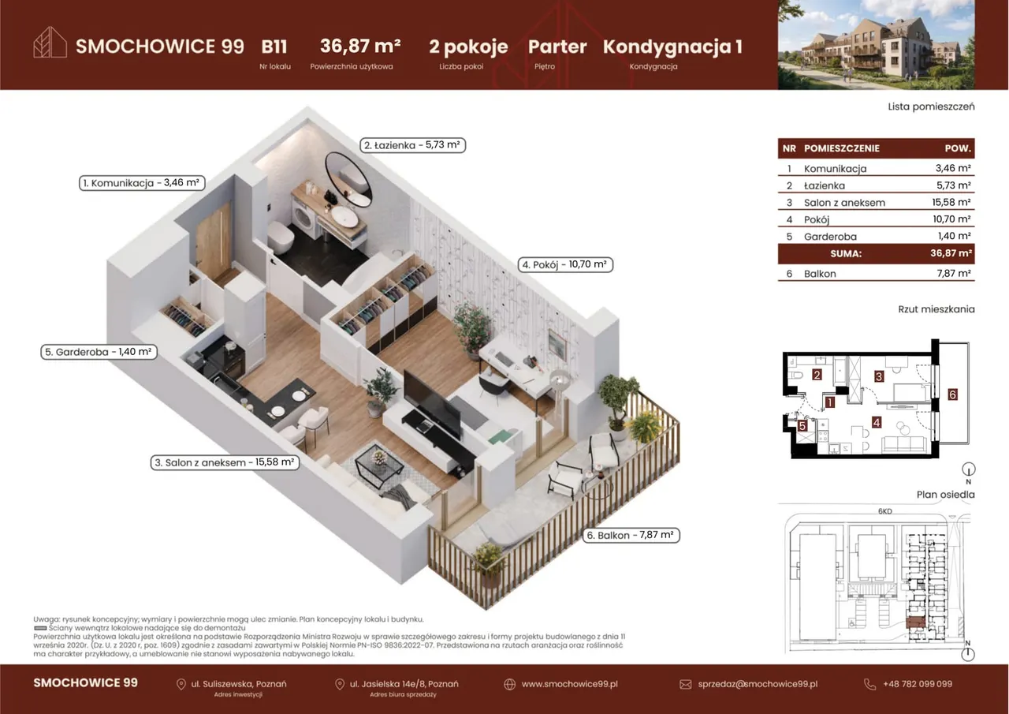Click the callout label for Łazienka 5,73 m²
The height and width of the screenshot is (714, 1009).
pyautogui.click(x=412, y=145)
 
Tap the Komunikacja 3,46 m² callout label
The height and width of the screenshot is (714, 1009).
pyautogui.click(x=142, y=183)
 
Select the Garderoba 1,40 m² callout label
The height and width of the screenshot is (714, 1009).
pyautogui.click(x=99, y=352)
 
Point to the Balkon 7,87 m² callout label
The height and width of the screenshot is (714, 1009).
pyautogui.click(x=631, y=535)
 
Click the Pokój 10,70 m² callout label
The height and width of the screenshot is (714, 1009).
pyautogui.click(x=565, y=264)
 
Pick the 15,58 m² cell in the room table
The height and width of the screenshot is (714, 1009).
pyautogui.click(x=951, y=203)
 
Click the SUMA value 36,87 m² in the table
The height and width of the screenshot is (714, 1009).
pyautogui.click(x=951, y=253)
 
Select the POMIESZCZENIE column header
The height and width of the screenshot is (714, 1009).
pyautogui.click(x=841, y=148)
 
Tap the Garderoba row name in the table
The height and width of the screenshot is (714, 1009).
pyautogui.click(x=830, y=237)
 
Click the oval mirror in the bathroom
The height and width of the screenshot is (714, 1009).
pyautogui.click(x=348, y=179)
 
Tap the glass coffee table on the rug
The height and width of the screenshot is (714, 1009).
pyautogui.click(x=379, y=465)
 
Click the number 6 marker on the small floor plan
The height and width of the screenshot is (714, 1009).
pyautogui.click(x=952, y=394)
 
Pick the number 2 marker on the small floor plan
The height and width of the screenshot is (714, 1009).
pyautogui.click(x=817, y=375)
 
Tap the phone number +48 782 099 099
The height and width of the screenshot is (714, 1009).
pyautogui.click(x=918, y=684)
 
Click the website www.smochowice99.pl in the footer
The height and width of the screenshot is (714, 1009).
pyautogui.click(x=569, y=684)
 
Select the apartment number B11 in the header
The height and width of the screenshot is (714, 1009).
pyautogui.click(x=274, y=47)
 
